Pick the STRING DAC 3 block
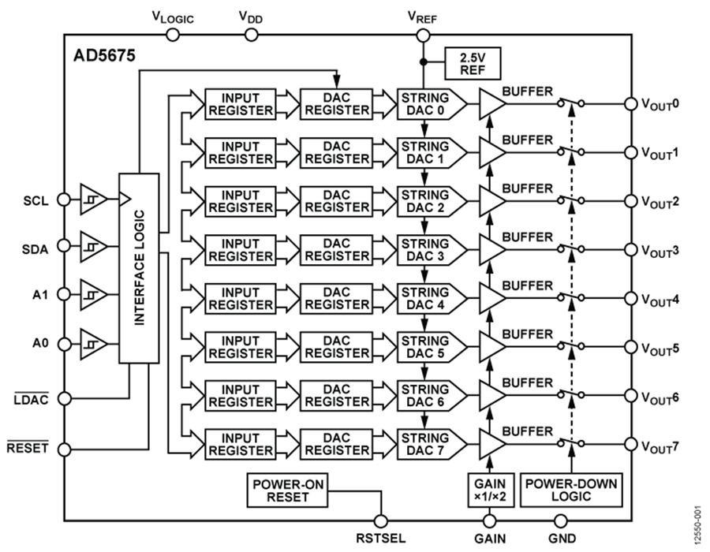click(425, 250)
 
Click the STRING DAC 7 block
click(425, 444)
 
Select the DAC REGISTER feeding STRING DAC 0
click(337, 104)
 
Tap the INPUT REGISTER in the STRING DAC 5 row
click(239, 347)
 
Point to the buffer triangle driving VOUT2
click(491, 201)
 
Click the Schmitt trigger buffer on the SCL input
click(94, 200)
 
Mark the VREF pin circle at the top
click(424, 35)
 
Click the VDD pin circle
click(251, 35)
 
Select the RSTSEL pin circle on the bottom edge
click(382, 520)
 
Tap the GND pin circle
click(561, 520)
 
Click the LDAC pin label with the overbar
click(32, 401)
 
